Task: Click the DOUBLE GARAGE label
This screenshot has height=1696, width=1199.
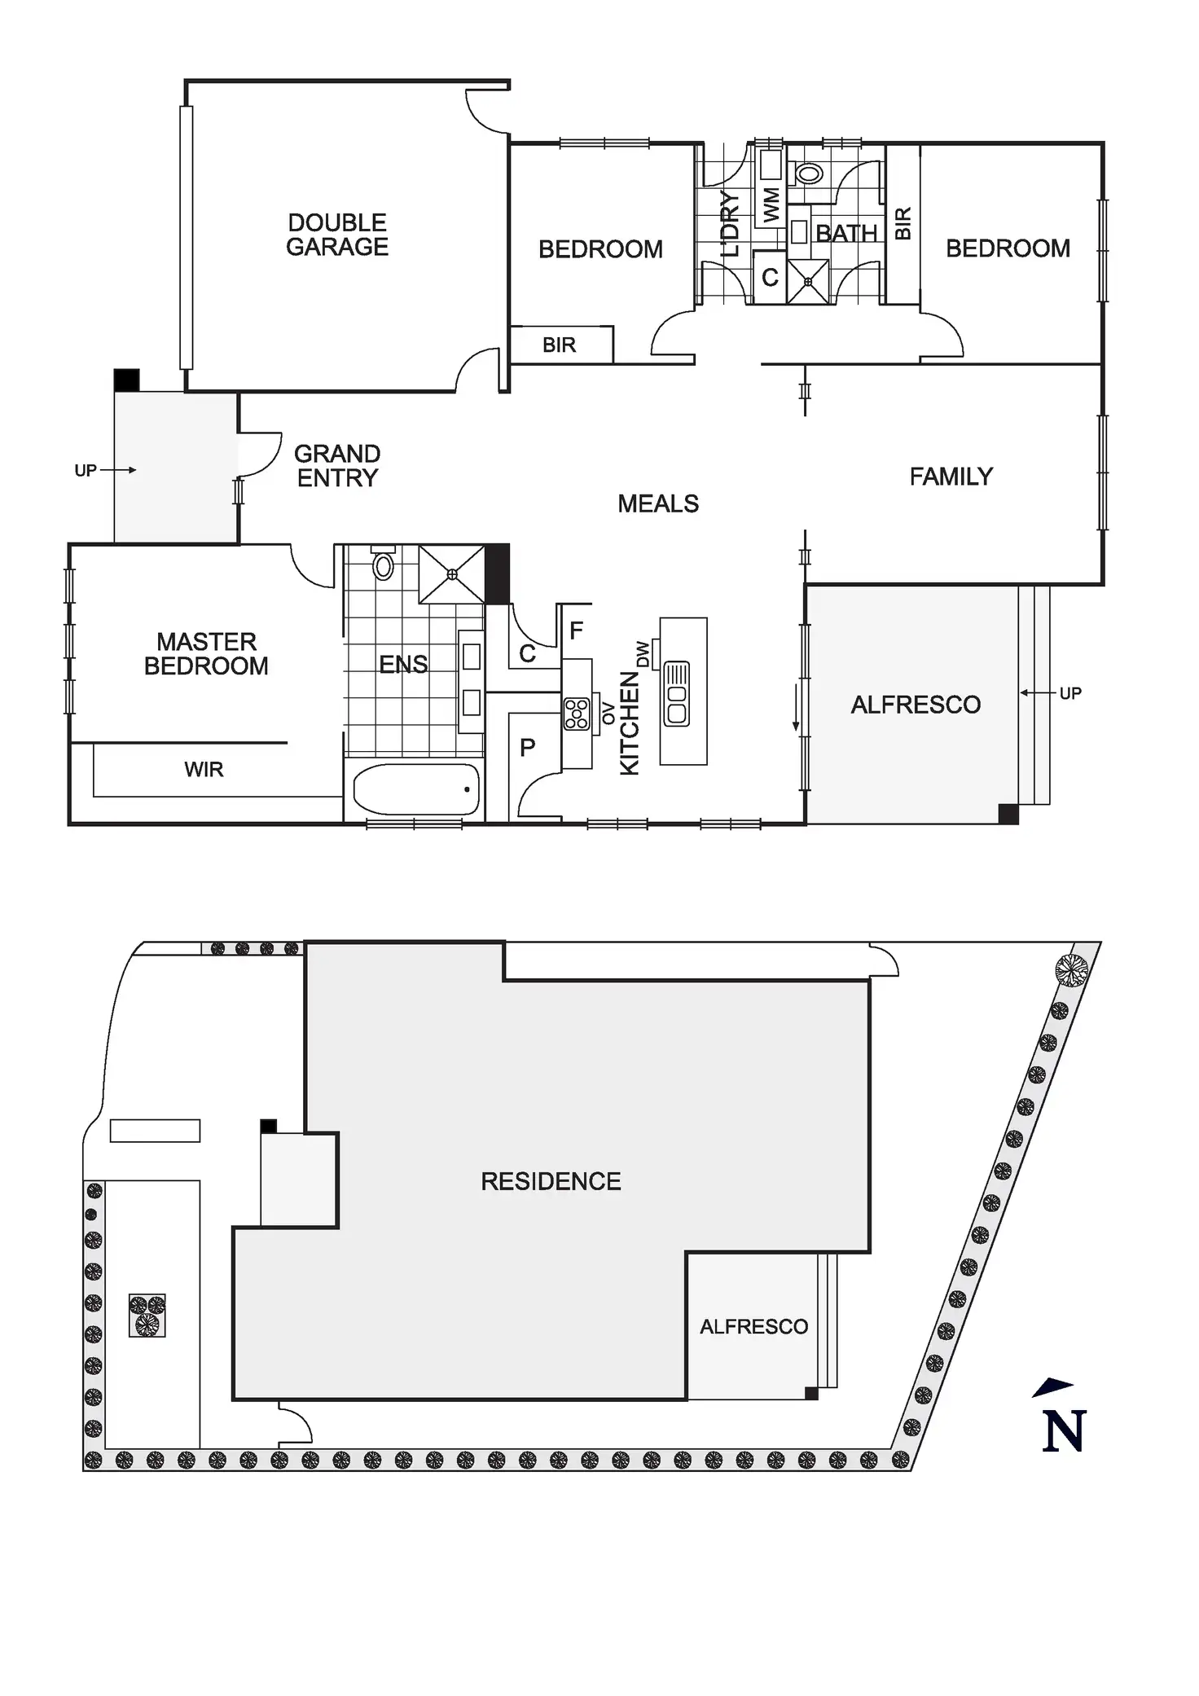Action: pos(337,235)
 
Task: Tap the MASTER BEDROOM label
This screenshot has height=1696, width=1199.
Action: pos(206,654)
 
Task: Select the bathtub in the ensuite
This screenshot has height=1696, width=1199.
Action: pos(415,789)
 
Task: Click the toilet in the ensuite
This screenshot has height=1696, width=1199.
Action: pos(383,565)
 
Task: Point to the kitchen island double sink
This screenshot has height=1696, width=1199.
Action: pos(677,693)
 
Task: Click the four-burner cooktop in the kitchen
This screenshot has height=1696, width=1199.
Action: pos(577,714)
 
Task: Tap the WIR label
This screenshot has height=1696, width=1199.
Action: pos(204,770)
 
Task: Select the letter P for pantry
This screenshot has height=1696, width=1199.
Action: pos(528,748)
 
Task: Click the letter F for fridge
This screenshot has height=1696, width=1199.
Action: pos(576,631)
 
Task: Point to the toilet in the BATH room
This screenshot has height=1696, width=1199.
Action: pos(809,173)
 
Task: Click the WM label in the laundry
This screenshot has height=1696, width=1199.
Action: pos(771,204)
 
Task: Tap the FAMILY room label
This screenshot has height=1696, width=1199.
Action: pos(951,477)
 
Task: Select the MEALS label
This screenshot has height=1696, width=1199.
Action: pos(658,504)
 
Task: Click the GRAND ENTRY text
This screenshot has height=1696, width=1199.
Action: pos(337,466)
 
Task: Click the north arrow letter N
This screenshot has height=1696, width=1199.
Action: pos(1063,1431)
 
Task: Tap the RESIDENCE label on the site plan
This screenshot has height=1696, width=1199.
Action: pos(551,1182)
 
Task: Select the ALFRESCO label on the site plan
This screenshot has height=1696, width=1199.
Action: pos(753,1327)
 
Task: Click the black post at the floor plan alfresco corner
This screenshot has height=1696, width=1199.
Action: pos(1008,814)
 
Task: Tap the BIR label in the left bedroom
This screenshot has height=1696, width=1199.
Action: pos(559,345)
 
